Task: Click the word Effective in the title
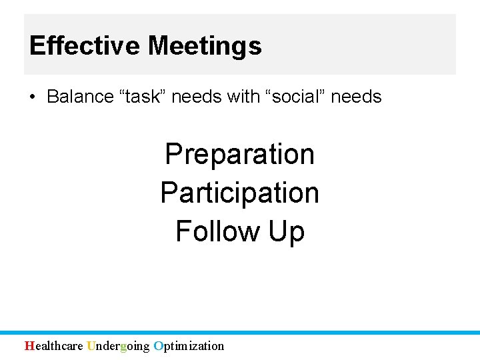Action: tap(85, 46)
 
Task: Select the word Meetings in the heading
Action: tap(205, 46)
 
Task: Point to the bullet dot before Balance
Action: tap(32, 97)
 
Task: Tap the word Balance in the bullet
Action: tap(80, 97)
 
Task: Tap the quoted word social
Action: tap(294, 97)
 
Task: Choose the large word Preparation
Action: tap(239, 154)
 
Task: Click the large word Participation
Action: tap(239, 193)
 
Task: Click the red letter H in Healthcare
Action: tap(29, 345)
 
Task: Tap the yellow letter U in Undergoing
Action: tap(91, 345)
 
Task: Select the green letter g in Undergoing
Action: tap(123, 346)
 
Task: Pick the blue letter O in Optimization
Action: tap(158, 345)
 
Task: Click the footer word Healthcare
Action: tap(54, 345)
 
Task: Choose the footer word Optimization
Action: tap(189, 345)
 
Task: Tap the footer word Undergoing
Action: tap(118, 345)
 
